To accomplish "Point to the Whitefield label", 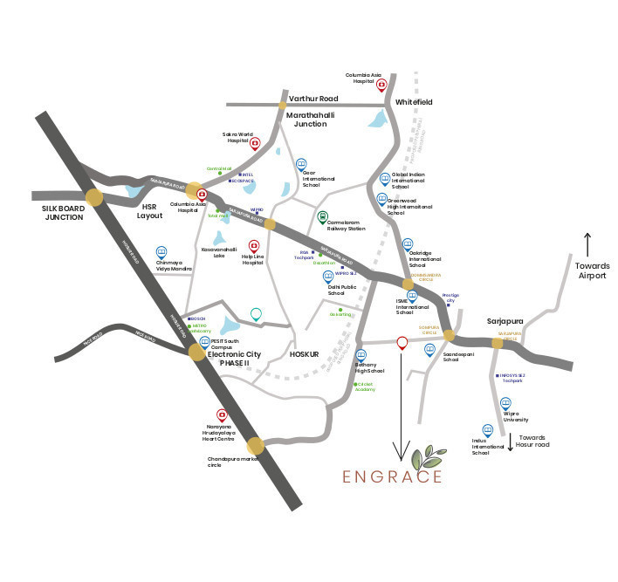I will click(414, 102).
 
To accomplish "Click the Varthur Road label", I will click(313, 99).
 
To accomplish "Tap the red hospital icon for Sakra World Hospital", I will click(255, 143).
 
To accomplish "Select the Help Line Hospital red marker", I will click(255, 246).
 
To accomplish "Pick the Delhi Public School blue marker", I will click(329, 277).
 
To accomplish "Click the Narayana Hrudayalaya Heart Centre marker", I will click(222, 415).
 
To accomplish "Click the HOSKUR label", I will click(306, 354).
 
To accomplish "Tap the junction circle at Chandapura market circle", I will click(255, 445).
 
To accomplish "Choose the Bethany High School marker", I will click(360, 355).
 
